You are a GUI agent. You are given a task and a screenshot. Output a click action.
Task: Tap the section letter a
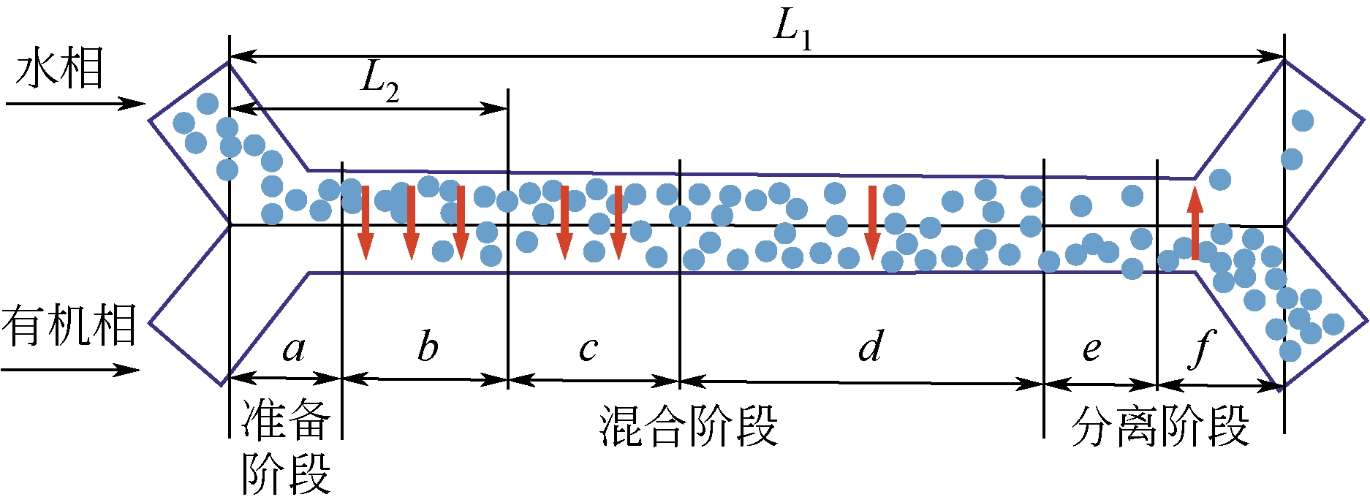294,349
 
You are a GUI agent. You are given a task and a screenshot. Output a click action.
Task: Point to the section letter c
588,349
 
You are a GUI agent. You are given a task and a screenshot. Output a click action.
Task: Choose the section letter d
870,346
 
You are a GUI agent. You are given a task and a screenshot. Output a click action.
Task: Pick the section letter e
1091,349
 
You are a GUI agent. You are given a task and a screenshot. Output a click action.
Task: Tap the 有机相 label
69,325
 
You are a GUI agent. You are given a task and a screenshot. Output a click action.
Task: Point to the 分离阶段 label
1160,425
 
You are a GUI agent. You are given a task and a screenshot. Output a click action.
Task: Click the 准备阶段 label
286,446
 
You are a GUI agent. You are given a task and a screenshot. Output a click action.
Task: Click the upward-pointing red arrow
1195,224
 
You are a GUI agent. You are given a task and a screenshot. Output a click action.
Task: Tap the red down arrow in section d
871,222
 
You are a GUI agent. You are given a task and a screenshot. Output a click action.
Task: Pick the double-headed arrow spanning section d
861,382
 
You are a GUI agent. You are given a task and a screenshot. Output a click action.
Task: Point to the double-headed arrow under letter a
286,378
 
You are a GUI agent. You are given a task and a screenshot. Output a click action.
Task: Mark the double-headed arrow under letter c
594,380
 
